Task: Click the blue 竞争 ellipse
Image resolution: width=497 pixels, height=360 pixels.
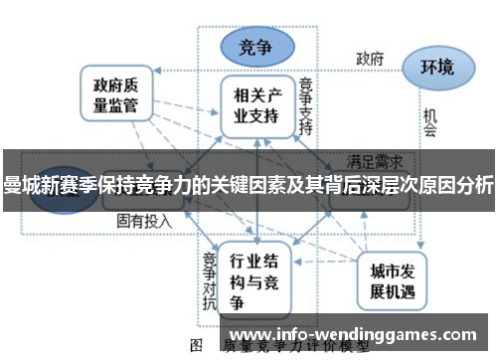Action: (256, 45)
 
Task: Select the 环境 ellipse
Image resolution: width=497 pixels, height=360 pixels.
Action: (436, 68)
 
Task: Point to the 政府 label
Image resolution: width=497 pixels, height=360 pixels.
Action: (370, 59)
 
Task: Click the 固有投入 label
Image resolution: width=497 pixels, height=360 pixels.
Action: (142, 219)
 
